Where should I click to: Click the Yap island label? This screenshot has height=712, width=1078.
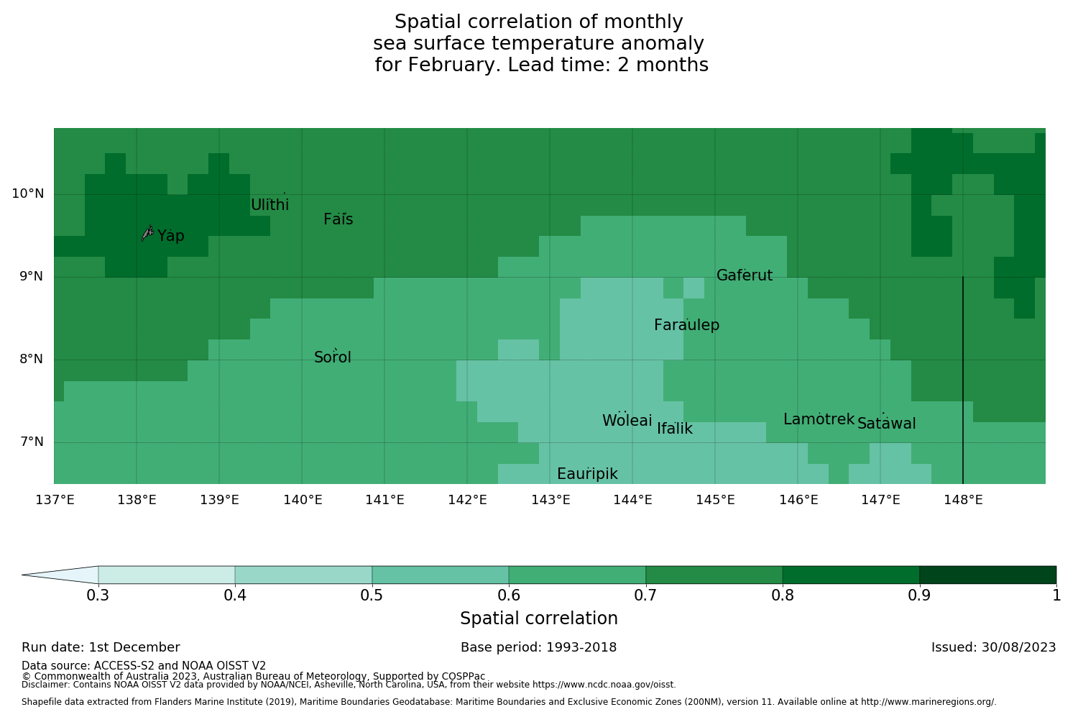(171, 237)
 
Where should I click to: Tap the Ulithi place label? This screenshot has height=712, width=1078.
(269, 205)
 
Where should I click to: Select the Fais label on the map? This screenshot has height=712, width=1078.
(338, 220)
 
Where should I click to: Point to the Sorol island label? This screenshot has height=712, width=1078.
(333, 357)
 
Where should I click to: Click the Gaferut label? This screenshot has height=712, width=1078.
(745, 275)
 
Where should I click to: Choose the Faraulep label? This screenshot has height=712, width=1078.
(686, 325)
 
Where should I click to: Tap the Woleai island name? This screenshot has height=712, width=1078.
(627, 421)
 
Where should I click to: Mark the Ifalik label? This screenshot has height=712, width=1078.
(675, 429)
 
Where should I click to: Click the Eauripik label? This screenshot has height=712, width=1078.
(587, 474)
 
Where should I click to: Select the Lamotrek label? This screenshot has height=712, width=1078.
(819, 419)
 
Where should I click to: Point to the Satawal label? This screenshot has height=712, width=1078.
(886, 424)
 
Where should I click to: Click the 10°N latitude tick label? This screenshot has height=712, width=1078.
(27, 193)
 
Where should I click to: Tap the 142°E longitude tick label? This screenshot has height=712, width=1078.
(467, 500)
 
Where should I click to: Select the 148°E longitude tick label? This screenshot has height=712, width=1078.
(963, 500)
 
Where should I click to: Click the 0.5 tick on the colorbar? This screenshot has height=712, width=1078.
(372, 595)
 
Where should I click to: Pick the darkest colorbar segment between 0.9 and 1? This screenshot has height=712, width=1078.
(987, 575)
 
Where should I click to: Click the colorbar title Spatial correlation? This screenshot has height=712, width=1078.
(538, 619)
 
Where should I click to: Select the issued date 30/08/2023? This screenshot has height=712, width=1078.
(1018, 647)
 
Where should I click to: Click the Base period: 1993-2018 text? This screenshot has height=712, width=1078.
(538, 647)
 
